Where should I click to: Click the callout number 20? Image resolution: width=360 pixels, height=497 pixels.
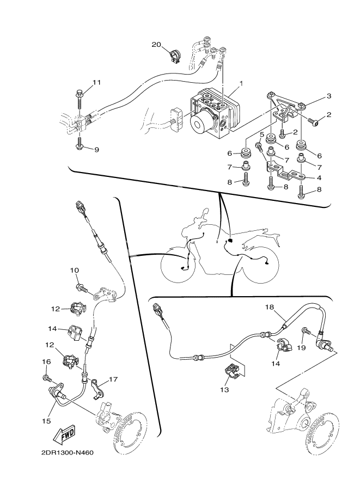pyautogui.click(x=156, y=45)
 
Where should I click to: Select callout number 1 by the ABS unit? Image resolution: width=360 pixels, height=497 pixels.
pyautogui.click(x=241, y=84)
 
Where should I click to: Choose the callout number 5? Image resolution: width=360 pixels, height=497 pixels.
pyautogui.click(x=261, y=134)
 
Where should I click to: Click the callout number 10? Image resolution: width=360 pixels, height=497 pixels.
pyautogui.click(x=75, y=270)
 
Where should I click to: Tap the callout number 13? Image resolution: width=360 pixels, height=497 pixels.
pyautogui.click(x=225, y=390)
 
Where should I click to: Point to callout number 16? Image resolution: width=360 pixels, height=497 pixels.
pyautogui.click(x=46, y=361)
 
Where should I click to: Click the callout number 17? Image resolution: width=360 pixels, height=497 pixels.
pyautogui.click(x=113, y=379)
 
